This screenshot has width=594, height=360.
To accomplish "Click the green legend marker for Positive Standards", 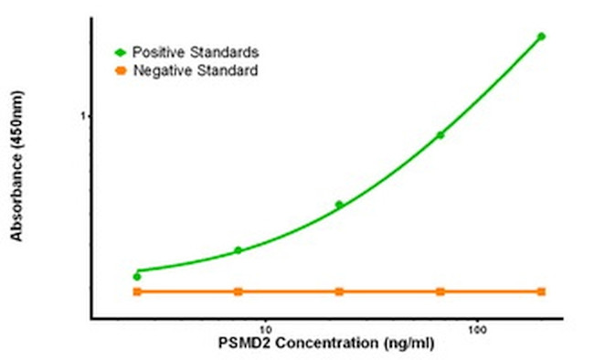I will (121, 51).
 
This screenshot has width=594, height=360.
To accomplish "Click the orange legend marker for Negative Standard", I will (121, 70).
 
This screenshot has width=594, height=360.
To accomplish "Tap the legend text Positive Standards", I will (188, 51).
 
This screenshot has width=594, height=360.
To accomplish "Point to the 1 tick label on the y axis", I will (82, 116).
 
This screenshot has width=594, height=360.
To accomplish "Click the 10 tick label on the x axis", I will (266, 328).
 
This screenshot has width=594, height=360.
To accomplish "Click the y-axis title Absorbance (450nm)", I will (16, 173).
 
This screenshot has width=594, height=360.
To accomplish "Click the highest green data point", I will (541, 37).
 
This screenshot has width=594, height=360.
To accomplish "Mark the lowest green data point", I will (137, 276).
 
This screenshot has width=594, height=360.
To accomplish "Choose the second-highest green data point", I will (440, 135).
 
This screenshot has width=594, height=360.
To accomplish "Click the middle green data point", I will (339, 205).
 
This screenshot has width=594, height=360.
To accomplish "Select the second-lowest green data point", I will (239, 250).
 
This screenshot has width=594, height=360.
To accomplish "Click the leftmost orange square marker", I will (137, 291).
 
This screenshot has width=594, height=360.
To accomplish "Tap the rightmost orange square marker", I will (542, 291).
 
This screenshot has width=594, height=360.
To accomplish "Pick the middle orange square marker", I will (339, 291).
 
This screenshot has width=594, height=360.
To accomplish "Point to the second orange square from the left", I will (239, 291).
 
